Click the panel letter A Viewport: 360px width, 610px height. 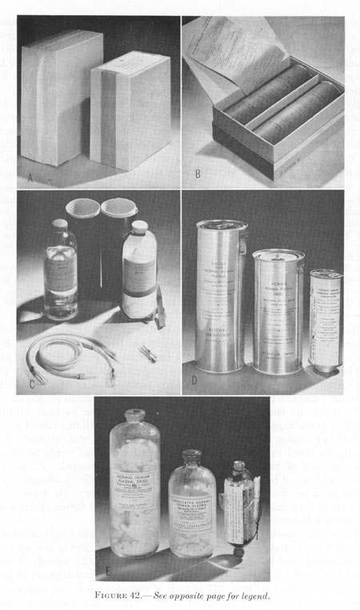pos(30,177)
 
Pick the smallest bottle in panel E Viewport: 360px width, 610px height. pos(242,511)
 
